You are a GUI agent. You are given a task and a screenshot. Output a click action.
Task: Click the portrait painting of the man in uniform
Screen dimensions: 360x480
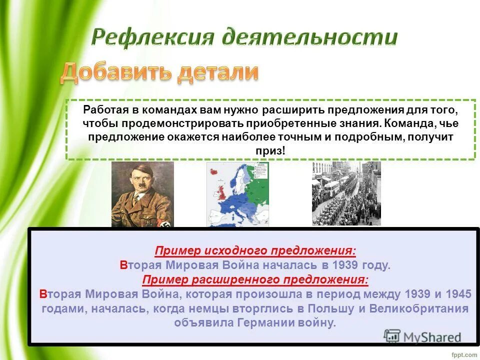142,194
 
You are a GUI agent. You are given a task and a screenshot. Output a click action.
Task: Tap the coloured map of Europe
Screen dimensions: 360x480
237,194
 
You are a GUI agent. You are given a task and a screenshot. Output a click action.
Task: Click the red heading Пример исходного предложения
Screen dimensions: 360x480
255,251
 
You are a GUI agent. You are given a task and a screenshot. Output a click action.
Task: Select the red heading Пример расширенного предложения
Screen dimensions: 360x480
255,279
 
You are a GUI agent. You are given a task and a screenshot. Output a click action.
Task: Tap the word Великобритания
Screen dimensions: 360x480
420,308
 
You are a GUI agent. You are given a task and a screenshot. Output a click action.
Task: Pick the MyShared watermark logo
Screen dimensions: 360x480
423,336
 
